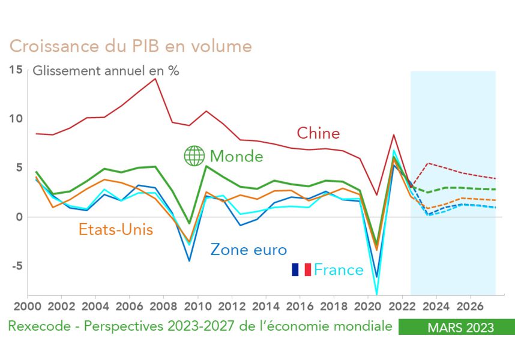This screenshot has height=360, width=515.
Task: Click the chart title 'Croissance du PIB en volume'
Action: pos(130,47)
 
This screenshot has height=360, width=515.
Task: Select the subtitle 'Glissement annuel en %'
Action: pos(106,70)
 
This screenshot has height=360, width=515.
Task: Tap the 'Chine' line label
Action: pos(318,133)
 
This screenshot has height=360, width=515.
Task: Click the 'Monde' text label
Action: pos(236,157)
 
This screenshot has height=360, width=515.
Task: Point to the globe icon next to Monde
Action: pos(194,156)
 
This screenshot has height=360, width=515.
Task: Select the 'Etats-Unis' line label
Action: pos(115,229)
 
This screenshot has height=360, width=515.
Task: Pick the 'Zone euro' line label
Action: pos(248,250)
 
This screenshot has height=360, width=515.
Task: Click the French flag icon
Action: pos(301,269)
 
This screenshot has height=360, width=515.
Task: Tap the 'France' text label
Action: pos(339,270)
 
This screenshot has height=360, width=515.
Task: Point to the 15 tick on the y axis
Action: pos(16,70)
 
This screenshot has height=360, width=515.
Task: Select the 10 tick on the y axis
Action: pos(16,119)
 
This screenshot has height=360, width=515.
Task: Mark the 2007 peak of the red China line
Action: pos(155,79)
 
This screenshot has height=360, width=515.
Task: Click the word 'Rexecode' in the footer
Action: pos(37,327)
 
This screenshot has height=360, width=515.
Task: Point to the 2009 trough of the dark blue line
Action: pos(190,260)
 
